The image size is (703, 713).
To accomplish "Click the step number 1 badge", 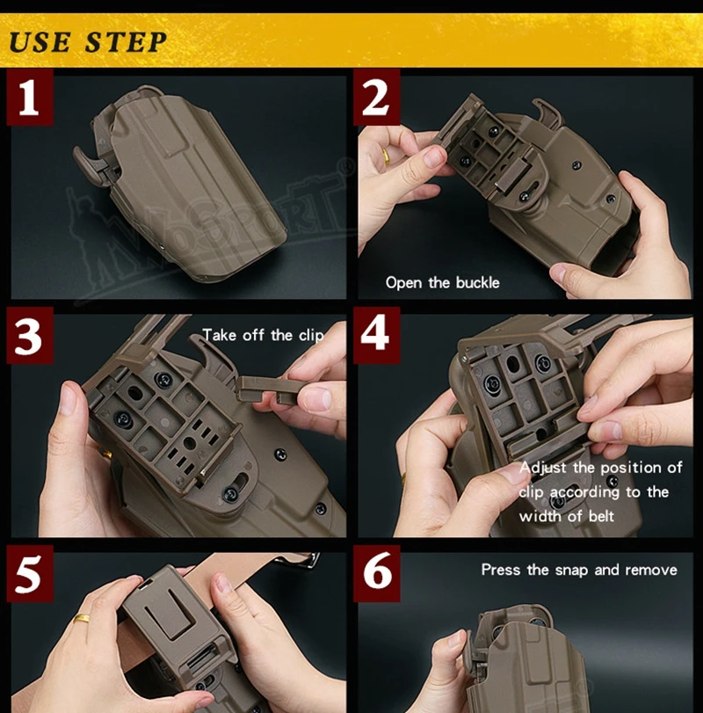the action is [x=30, y=97].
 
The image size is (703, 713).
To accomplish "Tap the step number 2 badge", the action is [x=376, y=97].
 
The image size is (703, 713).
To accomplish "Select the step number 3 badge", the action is [x=30, y=335].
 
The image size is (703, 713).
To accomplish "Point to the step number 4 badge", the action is [x=376, y=335].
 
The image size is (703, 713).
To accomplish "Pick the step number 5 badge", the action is [x=30, y=573].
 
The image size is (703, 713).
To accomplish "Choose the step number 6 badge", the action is [x=376, y=573].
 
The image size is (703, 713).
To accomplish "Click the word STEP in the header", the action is [x=126, y=42].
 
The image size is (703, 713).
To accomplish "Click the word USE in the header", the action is [x=40, y=42].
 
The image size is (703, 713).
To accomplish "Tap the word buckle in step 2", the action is [x=478, y=283].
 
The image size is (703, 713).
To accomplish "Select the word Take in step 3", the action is [x=220, y=335].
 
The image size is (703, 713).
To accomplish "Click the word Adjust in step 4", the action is [x=542, y=468].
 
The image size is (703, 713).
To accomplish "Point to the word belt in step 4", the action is [x=601, y=516].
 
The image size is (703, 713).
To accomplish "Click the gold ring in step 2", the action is [x=386, y=156].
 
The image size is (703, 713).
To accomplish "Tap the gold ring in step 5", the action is [x=83, y=618].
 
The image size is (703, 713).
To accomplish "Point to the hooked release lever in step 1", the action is [x=88, y=165].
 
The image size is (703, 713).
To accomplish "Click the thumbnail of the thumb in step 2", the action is [x=433, y=156].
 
